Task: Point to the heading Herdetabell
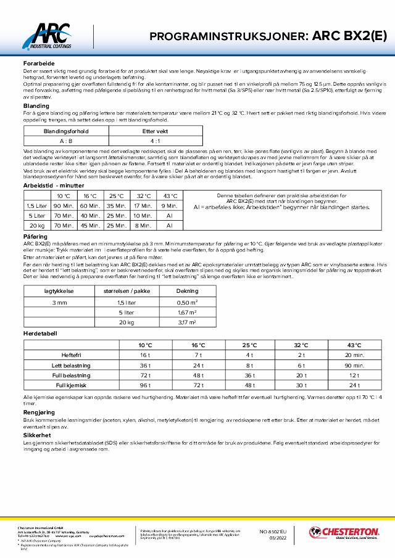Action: point(40,333)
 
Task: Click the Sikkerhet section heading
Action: point(36,434)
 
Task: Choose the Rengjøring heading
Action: point(38,412)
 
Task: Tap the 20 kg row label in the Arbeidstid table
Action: point(36,225)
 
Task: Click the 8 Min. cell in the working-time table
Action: point(143,225)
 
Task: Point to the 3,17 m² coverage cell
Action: point(187,322)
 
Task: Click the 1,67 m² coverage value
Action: point(187,312)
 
